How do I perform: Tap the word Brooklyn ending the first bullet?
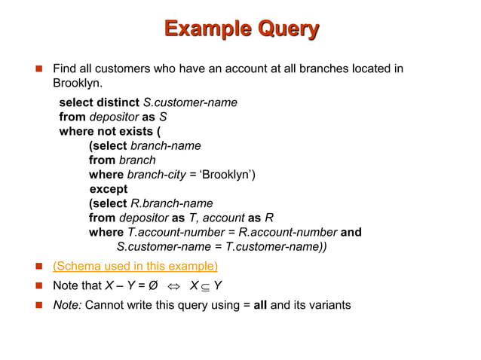[x=76, y=84]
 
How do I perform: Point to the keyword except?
[x=109, y=189]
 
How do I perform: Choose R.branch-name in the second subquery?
[x=172, y=203]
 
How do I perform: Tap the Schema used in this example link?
[x=135, y=267]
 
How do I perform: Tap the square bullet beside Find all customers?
[x=37, y=70]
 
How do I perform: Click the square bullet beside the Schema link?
[x=37, y=267]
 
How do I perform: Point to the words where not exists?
[x=105, y=131]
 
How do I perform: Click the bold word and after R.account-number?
[x=351, y=232]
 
